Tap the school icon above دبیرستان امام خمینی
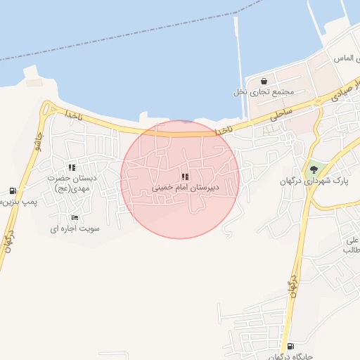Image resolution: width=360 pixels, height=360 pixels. (184, 176)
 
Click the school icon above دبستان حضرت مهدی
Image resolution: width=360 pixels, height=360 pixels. (72, 167)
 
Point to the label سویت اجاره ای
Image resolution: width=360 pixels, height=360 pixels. (75, 229)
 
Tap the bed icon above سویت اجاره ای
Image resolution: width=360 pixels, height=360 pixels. (75, 217)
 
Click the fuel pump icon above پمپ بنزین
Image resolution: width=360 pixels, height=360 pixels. (13, 191)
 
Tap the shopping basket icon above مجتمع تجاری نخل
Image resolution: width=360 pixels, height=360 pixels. (263, 81)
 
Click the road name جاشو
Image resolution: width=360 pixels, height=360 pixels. (37, 146)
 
